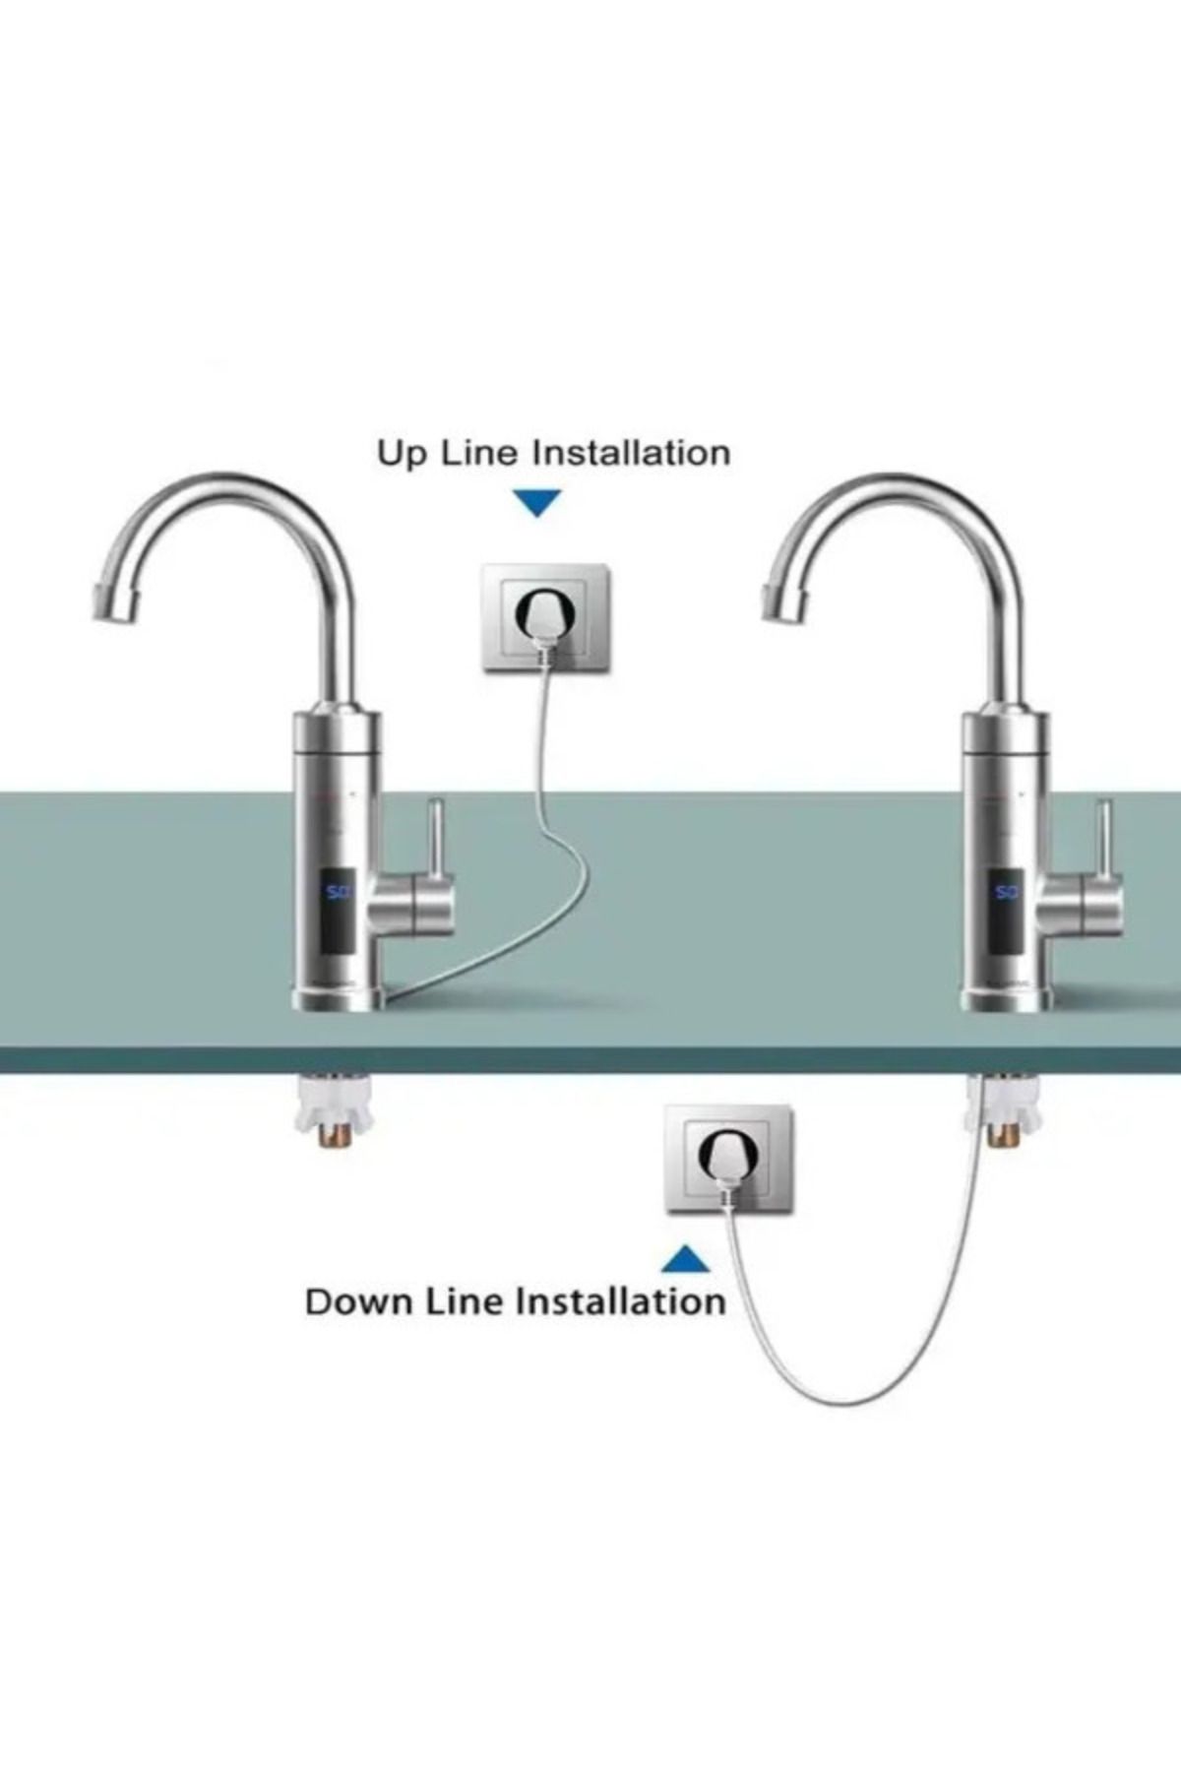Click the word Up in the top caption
tap(400, 455)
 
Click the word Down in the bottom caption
tap(359, 1301)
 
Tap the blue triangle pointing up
tap(686, 1260)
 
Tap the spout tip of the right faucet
tap(779, 601)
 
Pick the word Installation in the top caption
tap(631, 454)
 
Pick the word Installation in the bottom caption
tap(621, 1301)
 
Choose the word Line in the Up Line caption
tap(476, 454)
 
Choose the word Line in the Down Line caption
tap(466, 1301)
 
